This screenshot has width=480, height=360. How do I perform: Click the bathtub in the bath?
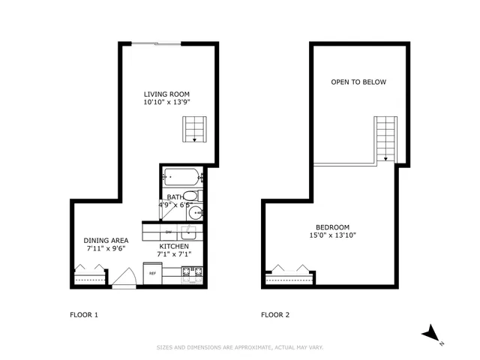point(182,178)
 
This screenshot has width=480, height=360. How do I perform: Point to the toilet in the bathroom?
point(190,197)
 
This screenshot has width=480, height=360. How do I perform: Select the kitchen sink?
point(190,232)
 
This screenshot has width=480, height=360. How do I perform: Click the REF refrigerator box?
point(152,274)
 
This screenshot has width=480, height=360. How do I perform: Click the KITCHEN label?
point(173,246)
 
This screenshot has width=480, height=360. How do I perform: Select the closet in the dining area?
point(88,275)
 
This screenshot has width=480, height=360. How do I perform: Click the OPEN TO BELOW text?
point(358,82)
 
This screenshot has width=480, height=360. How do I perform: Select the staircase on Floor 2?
point(385,138)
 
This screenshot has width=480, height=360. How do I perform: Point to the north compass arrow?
point(432,333)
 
